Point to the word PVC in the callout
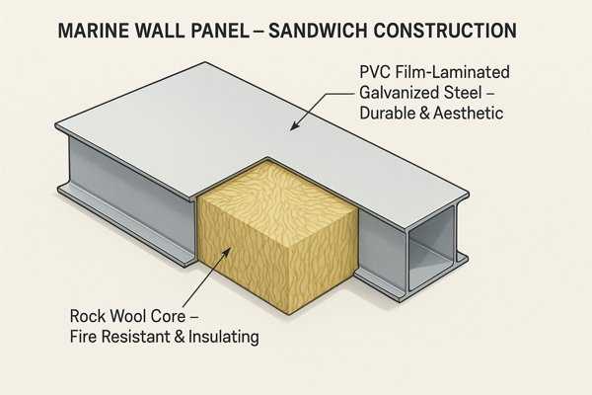[371, 74]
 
